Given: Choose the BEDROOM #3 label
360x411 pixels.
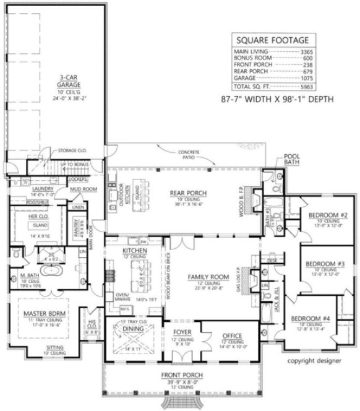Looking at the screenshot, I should [325, 264].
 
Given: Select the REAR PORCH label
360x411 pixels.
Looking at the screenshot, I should [188, 193].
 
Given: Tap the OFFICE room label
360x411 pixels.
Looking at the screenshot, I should [232, 335].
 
